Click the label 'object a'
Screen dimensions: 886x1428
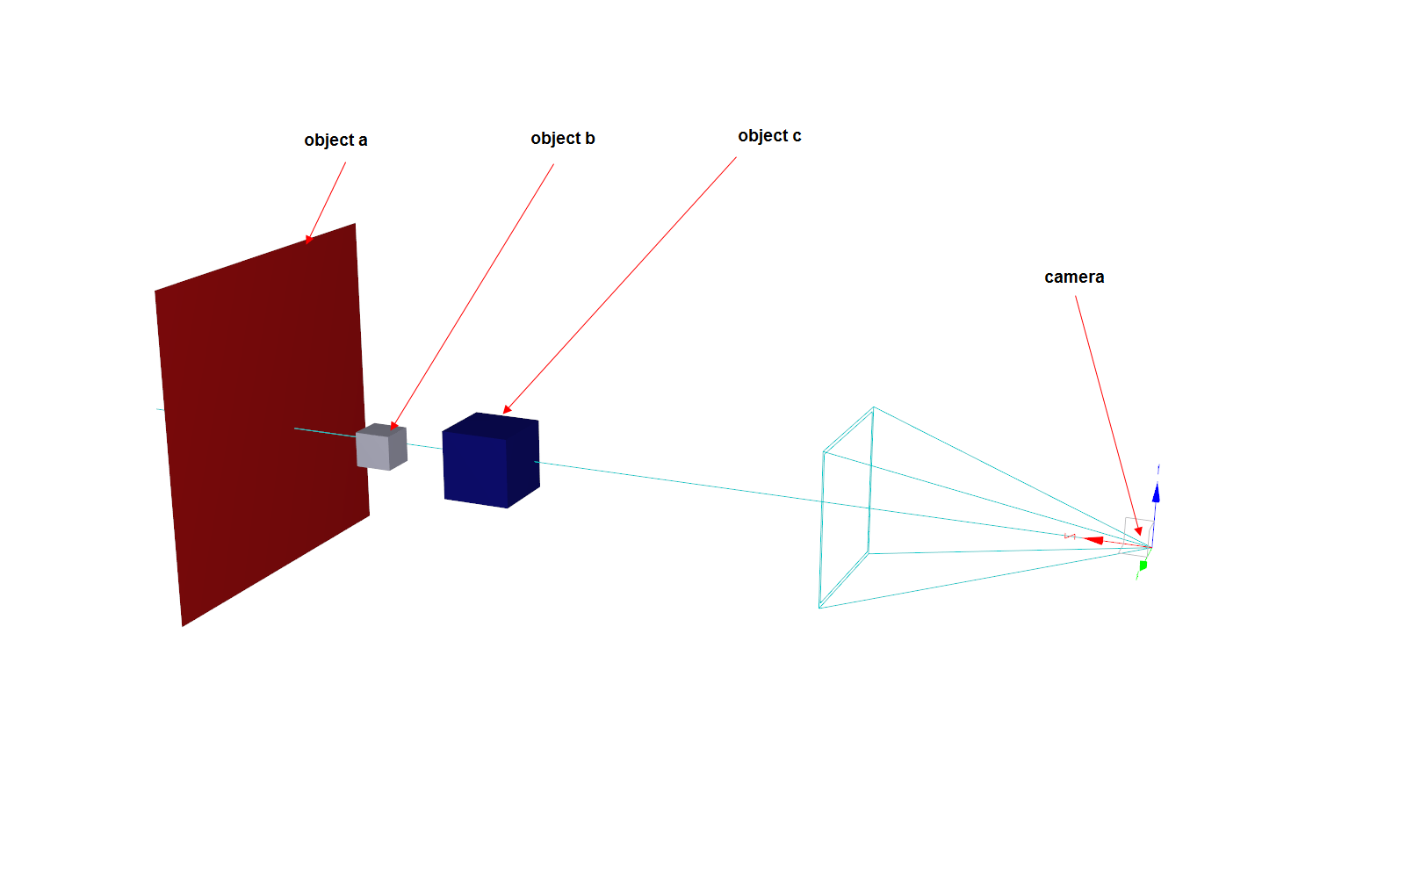coord(335,140)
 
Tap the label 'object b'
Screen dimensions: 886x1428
coord(562,139)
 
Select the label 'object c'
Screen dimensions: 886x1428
coord(769,136)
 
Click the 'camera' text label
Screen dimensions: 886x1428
coord(1073,277)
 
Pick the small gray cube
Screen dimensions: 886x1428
coord(379,450)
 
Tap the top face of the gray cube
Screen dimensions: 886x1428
coord(381,429)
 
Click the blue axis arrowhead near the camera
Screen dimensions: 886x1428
coord(1156,493)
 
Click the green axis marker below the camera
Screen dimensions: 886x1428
coord(1143,565)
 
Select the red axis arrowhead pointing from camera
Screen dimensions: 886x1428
coord(1093,540)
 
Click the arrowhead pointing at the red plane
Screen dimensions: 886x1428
coord(308,238)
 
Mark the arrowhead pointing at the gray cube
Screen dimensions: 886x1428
coord(393,426)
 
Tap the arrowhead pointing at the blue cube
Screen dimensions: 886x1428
coord(507,409)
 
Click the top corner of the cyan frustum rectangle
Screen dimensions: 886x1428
coord(873,407)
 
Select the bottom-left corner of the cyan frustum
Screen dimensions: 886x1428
coord(819,607)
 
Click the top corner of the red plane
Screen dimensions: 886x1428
coord(355,224)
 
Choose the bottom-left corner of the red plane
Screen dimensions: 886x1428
coord(183,625)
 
